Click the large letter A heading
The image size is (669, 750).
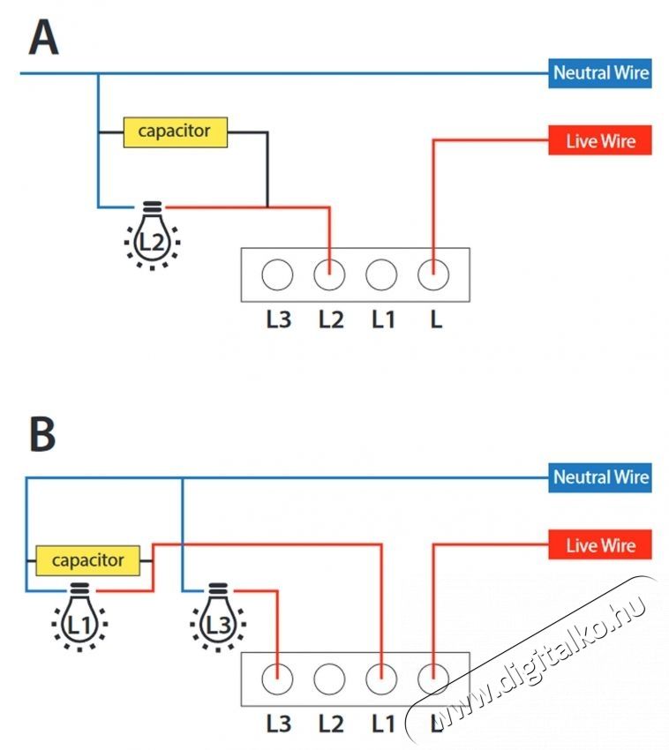pyautogui.click(x=43, y=38)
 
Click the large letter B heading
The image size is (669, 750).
pyautogui.click(x=42, y=434)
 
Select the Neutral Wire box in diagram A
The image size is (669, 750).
pyautogui.click(x=600, y=73)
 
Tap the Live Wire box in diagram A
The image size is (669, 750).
pyautogui.click(x=600, y=140)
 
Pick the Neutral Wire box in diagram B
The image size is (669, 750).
pyautogui.click(x=600, y=477)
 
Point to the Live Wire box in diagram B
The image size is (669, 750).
pyautogui.click(x=600, y=544)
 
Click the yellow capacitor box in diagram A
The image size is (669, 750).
pyautogui.click(x=175, y=132)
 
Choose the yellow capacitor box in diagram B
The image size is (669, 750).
pyautogui.click(x=87, y=560)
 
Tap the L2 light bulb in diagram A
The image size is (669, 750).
pyautogui.click(x=152, y=236)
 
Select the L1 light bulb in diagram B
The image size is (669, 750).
pyautogui.click(x=79, y=617)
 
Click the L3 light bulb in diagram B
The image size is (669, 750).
pyautogui.click(x=218, y=617)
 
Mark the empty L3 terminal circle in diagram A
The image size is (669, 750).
pyautogui.click(x=277, y=274)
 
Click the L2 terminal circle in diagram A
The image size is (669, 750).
pyautogui.click(x=329, y=274)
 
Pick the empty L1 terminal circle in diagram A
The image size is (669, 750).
pyautogui.click(x=381, y=274)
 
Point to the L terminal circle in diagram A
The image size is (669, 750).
pyautogui.click(x=433, y=274)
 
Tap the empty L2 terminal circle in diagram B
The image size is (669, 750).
pyautogui.click(x=329, y=679)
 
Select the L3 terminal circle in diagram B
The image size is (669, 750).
pyautogui.click(x=277, y=679)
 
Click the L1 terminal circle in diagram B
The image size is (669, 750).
pyautogui.click(x=381, y=679)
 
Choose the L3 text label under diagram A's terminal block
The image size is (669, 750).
pyautogui.click(x=279, y=319)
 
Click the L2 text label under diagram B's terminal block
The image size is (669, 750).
pyautogui.click(x=331, y=724)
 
